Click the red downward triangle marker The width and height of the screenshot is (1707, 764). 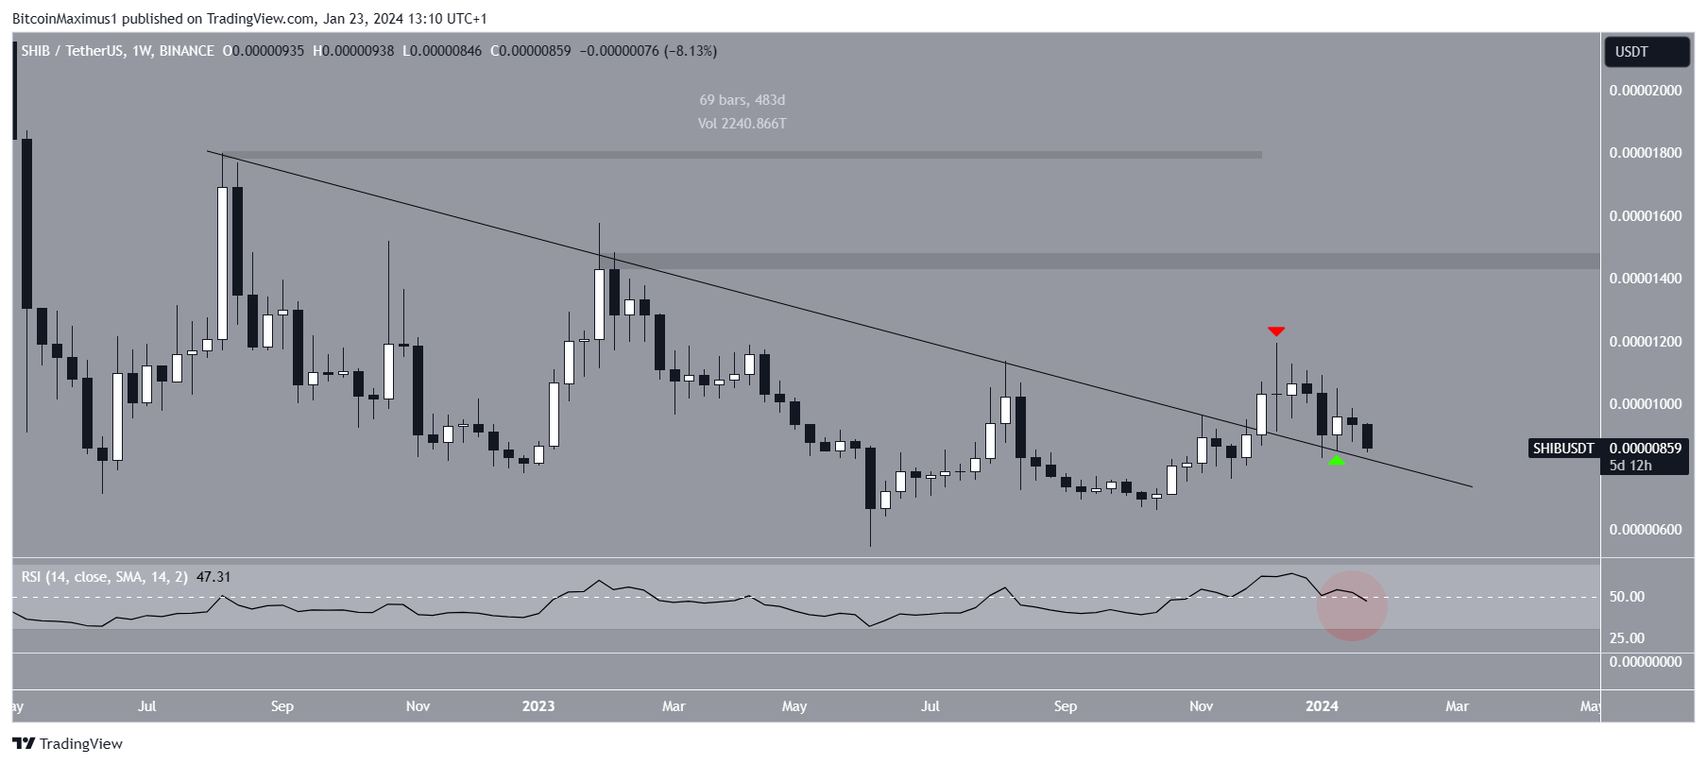click(x=1276, y=331)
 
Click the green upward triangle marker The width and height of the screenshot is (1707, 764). click(x=1336, y=460)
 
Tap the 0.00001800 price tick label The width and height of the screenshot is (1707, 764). click(x=1645, y=153)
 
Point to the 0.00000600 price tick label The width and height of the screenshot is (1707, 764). click(x=1645, y=530)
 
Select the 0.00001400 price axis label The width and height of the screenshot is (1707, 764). click(x=1645, y=279)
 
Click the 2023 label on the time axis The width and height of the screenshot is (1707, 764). click(x=538, y=706)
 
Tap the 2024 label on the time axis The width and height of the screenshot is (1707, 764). click(x=1322, y=706)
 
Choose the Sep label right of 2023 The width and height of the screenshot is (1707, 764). click(x=1065, y=706)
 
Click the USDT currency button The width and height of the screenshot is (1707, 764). click(x=1647, y=52)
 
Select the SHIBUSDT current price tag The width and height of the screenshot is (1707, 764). click(x=1608, y=449)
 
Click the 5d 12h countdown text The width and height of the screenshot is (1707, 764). click(x=1631, y=466)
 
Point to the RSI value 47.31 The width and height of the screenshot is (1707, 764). click(x=213, y=577)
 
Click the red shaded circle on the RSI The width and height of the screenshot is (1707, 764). click(x=1352, y=605)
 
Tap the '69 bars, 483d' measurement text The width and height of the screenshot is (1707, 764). click(x=742, y=100)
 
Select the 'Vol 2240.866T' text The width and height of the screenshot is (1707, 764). click(x=742, y=124)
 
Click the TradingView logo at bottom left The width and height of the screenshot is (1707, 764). click(x=67, y=744)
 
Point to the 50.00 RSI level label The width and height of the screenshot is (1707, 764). click(x=1627, y=597)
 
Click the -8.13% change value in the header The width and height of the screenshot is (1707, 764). click(x=691, y=51)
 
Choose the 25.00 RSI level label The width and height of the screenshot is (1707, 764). click(x=1627, y=638)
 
